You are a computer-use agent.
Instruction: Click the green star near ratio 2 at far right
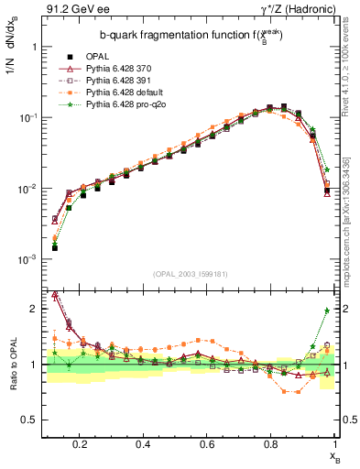(x=327, y=311)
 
